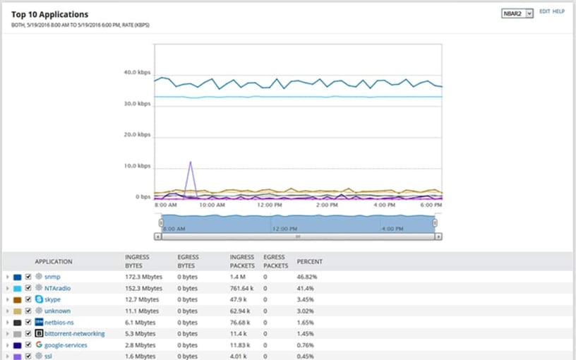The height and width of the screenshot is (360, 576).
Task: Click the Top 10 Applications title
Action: (50, 14)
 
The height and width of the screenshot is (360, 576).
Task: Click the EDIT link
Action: (544, 12)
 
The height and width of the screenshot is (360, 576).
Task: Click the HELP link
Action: (558, 12)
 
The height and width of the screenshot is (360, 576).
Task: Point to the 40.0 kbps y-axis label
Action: (137, 72)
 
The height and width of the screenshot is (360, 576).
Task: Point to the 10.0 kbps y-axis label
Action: (137, 167)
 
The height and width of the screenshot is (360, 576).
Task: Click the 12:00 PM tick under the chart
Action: (269, 205)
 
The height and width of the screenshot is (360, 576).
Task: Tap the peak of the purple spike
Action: (190, 162)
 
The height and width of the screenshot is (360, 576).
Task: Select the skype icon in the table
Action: (40, 299)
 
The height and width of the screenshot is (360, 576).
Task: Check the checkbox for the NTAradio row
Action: (28, 288)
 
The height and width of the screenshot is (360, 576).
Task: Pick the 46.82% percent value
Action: (306, 277)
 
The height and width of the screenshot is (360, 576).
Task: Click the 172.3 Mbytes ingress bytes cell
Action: (143, 277)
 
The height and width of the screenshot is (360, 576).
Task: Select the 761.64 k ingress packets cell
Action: (244, 288)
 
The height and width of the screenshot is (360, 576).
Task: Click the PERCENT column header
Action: (309, 261)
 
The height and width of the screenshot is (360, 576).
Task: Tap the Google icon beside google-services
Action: (40, 344)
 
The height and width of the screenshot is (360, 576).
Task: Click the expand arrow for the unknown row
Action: (7, 311)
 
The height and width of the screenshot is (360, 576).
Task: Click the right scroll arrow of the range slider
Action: (438, 236)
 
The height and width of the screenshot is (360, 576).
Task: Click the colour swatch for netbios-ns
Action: (18, 322)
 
